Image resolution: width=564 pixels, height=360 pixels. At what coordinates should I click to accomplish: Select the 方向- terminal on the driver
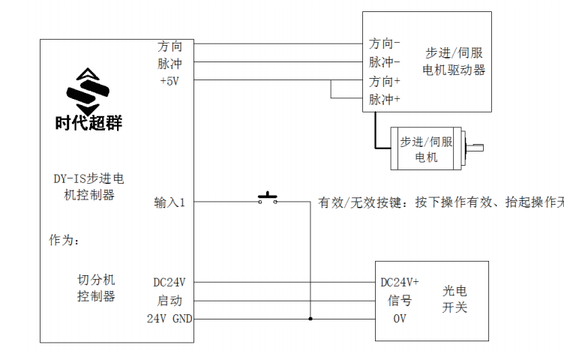coord(385,44)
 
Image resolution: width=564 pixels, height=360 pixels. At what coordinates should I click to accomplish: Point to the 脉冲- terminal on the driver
coord(385,62)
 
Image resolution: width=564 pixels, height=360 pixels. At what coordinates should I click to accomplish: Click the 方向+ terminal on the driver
coord(385,80)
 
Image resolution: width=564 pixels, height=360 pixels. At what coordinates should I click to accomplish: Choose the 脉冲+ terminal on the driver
coord(385,99)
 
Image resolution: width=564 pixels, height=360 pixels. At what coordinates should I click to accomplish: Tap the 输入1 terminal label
coord(169,202)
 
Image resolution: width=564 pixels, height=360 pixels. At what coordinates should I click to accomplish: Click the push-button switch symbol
coord(268,199)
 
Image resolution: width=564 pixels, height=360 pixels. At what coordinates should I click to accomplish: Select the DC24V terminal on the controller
coord(169,283)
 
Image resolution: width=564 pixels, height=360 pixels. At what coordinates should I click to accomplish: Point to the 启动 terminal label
coord(169,301)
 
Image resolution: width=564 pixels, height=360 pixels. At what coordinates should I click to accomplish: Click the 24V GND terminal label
coord(169,319)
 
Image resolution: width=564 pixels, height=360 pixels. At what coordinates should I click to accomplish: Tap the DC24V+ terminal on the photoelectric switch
coord(400,283)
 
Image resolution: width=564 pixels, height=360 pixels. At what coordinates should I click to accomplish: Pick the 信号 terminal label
coord(399,301)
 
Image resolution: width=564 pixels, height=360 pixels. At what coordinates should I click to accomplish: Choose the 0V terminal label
coord(400,319)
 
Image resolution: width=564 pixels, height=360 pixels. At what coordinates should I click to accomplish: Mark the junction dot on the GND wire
coord(310,319)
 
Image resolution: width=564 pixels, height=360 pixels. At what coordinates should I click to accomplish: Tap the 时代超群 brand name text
coord(88,122)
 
